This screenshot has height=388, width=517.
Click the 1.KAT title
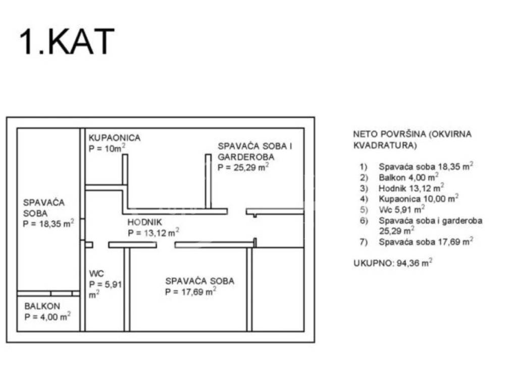67,42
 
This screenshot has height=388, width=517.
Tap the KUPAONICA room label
115,137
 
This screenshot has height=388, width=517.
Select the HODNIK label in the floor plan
145,222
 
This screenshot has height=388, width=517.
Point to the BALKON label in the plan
42,306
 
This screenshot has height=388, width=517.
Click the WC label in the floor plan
96,273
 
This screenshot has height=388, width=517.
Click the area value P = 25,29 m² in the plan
243,167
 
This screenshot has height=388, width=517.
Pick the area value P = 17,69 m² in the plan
190,292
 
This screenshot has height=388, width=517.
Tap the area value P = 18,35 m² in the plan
48,223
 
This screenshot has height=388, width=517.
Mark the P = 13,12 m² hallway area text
153,232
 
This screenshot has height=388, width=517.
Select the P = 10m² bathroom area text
107,148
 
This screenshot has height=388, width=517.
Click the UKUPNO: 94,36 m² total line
393,263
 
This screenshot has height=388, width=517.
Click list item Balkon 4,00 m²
408,177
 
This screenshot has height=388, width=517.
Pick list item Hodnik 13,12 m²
411,188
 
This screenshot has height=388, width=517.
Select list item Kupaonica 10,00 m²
419,199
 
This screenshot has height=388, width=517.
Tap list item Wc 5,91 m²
401,209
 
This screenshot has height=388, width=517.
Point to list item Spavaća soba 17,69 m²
426,241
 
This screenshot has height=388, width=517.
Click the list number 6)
364,220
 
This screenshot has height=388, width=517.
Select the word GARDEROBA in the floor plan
246,157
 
